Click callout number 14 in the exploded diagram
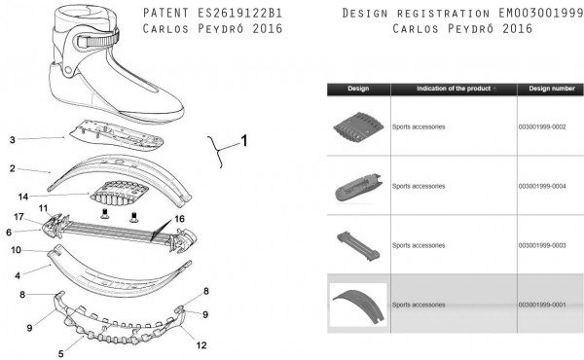[23, 197]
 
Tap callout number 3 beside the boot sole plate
[13, 140]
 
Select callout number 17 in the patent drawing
[18, 217]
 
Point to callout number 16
[179, 219]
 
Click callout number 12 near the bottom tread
[201, 345]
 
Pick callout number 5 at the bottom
[61, 353]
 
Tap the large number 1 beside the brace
[244, 141]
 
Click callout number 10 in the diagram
[16, 250]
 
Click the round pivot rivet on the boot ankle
[68, 70]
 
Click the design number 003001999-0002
[542, 126]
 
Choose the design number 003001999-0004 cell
[542, 186]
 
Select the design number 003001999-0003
[542, 245]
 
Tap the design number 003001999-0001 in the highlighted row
[542, 305]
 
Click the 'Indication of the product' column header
[454, 89]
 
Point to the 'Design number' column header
[552, 89]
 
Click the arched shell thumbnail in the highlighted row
[358, 305]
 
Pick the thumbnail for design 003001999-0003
[358, 246]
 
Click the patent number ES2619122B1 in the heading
[239, 13]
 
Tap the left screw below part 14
[104, 214]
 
